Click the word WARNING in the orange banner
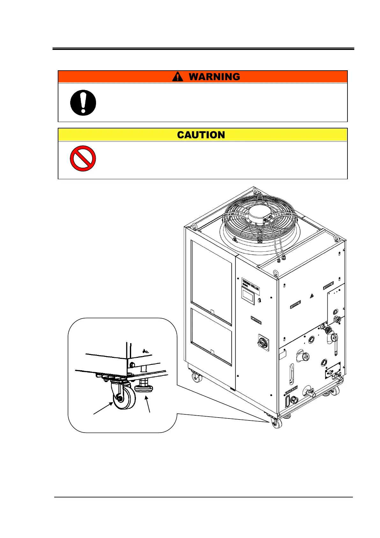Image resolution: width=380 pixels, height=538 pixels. (214, 77)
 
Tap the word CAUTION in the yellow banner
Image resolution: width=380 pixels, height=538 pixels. (201, 135)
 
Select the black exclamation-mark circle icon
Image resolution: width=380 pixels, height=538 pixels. (83, 103)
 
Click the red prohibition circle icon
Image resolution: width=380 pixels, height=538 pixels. (83, 158)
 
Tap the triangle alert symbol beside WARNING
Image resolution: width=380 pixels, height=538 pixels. (178, 77)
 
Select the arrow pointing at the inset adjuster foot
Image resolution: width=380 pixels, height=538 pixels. (148, 403)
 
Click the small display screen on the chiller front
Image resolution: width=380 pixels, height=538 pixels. (248, 296)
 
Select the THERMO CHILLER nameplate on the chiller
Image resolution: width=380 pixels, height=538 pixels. (250, 285)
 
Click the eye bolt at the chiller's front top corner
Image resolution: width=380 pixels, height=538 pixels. (275, 273)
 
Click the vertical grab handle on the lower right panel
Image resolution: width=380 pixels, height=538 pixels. (292, 373)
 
